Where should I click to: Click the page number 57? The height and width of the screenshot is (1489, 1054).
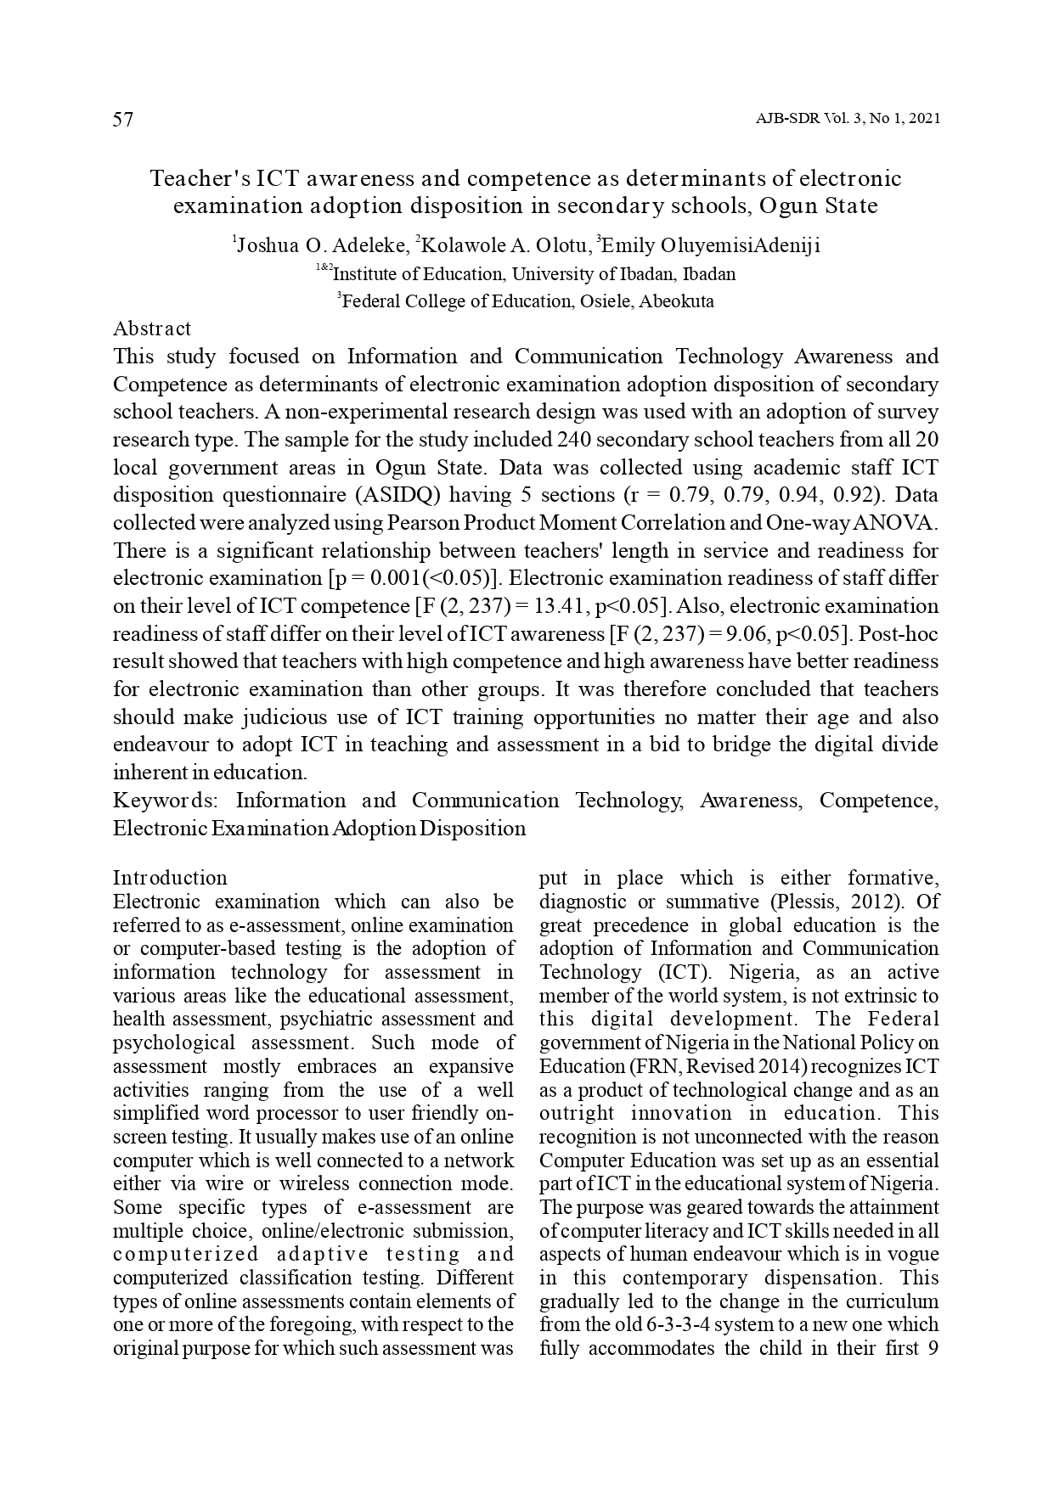pos(123,120)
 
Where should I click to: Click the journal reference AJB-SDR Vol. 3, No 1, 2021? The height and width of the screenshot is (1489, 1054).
pos(847,120)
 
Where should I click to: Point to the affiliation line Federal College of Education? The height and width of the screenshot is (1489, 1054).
pos(527,301)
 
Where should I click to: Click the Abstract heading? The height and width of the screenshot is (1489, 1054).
pos(152,329)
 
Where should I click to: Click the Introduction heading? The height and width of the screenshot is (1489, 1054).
pos(170,878)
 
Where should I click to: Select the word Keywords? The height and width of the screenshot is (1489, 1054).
pos(166,801)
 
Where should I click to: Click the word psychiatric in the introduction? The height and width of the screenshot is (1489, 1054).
pos(324,1019)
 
